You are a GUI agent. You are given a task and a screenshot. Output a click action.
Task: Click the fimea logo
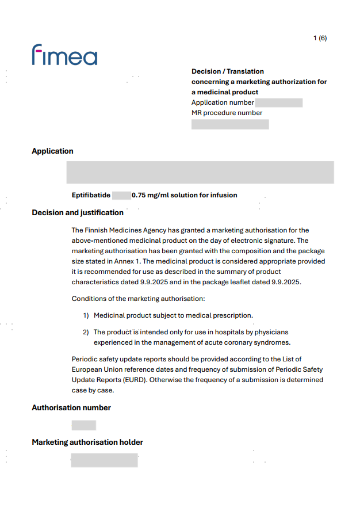(64, 55)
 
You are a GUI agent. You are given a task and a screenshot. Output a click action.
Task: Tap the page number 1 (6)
(320, 39)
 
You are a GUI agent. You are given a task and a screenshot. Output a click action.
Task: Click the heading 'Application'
(52, 151)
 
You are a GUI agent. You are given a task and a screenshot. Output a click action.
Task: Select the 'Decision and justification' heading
(78, 213)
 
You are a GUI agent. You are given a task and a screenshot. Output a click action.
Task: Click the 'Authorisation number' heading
(71, 408)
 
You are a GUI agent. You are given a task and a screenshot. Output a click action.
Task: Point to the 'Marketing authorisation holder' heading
(87, 443)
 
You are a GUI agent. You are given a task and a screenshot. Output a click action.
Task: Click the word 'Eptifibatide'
(91, 195)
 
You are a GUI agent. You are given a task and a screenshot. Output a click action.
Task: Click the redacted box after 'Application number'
(278, 103)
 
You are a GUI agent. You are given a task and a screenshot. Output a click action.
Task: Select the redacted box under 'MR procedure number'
(230, 124)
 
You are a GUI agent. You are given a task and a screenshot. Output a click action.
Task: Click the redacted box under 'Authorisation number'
(83, 425)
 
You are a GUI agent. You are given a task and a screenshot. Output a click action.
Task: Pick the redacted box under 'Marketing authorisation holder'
(104, 460)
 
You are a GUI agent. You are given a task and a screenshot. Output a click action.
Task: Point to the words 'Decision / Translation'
(228, 71)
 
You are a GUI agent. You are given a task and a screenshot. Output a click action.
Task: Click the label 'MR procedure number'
(227, 113)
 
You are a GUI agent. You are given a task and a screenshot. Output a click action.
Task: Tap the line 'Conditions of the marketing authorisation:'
(138, 299)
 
